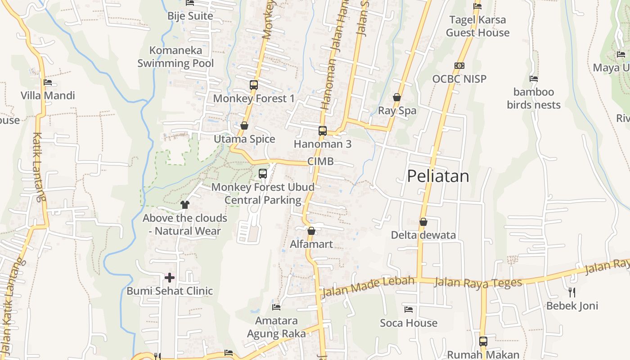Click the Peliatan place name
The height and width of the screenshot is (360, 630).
tap(438, 176)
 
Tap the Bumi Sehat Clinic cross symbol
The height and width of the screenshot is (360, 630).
tap(170, 277)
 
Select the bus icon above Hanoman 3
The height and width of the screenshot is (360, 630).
tap(323, 131)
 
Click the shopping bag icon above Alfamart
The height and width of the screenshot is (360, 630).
tap(311, 231)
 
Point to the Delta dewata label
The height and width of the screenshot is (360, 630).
tap(423, 235)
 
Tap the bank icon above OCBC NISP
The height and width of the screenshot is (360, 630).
tap(459, 66)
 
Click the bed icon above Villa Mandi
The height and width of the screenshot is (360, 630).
tap(48, 82)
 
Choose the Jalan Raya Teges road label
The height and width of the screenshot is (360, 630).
tap(479, 283)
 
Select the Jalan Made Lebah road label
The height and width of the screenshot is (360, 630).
tap(367, 286)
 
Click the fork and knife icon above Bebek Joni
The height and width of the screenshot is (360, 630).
tap(572, 292)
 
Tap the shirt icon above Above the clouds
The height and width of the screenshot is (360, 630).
tap(185, 205)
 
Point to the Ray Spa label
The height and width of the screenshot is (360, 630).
tap(397, 111)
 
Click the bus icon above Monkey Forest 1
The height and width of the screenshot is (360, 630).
tap(254, 85)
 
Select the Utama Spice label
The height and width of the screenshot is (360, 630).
tap(244, 139)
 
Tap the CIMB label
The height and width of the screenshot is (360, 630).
tap(320, 161)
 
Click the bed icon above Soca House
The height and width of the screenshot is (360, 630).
tap(409, 310)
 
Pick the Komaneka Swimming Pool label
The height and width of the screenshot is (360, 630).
tap(175, 57)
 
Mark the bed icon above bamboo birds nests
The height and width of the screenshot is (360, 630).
tap(534, 79)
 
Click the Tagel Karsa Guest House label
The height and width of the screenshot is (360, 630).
tap(477, 26)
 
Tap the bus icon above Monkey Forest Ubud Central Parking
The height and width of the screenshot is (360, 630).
tap(263, 174)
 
